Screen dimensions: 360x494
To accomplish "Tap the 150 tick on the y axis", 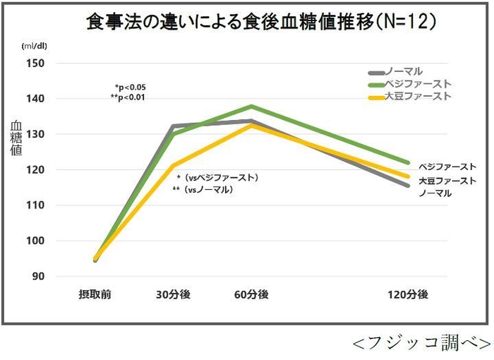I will (x=35, y=63).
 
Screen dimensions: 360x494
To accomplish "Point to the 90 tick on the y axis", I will (x=37, y=276).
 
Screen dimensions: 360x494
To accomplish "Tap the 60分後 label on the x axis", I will (x=251, y=294).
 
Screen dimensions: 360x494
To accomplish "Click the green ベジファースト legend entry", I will (x=409, y=84).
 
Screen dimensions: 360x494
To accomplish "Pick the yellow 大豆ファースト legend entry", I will (x=409, y=96).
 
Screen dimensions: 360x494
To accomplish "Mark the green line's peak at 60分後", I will (x=252, y=106).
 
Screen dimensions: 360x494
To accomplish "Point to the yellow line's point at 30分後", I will (x=173, y=165).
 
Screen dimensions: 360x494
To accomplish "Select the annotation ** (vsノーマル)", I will (x=203, y=190).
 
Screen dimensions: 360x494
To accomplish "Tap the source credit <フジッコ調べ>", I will (x=421, y=343).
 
